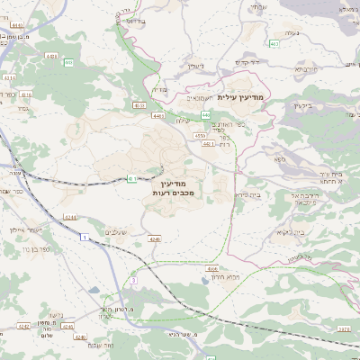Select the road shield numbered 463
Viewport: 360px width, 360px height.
(274, 43)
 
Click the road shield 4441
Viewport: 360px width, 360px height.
(158, 115)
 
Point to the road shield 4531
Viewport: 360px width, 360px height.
(139, 105)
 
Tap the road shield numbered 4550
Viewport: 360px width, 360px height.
(199, 135)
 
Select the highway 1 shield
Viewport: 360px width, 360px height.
(83, 237)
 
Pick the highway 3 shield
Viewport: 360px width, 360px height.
(132, 281)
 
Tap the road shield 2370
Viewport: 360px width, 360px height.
(344, 330)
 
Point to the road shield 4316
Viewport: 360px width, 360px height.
(26, 94)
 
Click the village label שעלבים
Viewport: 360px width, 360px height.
(118, 233)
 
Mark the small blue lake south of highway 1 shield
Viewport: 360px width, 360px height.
(94, 291)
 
